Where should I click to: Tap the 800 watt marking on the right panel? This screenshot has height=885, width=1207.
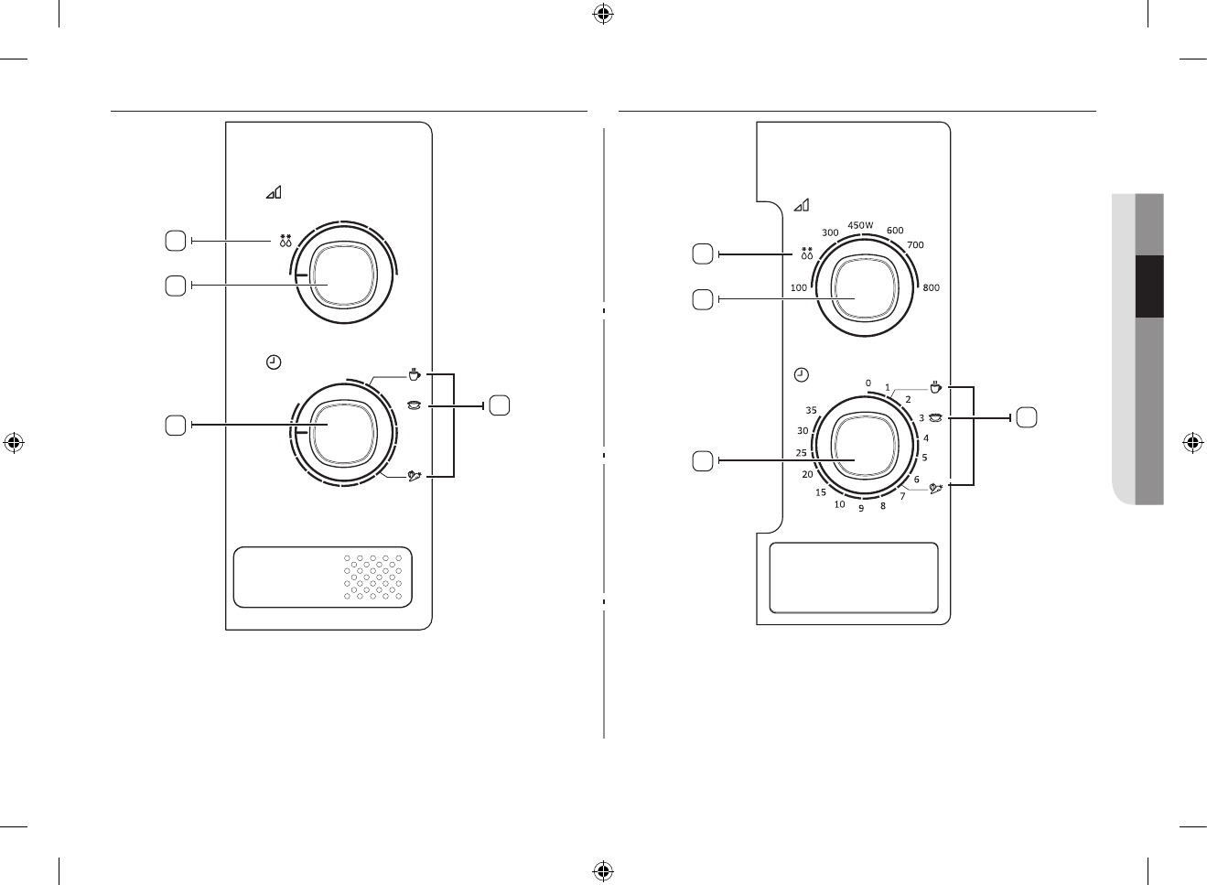coord(932,288)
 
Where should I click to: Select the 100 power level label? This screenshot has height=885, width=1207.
coord(799,288)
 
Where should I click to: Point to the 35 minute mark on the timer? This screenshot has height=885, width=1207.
coord(811,410)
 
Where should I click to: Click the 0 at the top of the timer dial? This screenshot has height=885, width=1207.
coord(868,383)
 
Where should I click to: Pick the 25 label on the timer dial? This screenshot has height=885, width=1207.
coord(802,453)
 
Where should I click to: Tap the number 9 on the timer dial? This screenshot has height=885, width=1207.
coord(861,509)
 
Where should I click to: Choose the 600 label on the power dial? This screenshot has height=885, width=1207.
coord(895,231)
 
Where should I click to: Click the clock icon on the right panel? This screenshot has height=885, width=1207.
coord(802,374)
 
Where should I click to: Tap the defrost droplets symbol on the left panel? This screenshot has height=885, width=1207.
coord(286,242)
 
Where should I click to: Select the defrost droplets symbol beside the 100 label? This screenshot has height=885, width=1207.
coord(807,254)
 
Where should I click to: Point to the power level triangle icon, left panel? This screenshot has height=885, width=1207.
coord(275,192)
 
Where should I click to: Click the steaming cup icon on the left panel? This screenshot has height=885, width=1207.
coord(415,374)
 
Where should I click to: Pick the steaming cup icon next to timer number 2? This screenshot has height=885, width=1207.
coord(935,387)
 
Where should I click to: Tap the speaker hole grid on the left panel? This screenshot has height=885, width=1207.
coord(373,577)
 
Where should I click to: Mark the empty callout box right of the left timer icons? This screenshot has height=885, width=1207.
coord(500,404)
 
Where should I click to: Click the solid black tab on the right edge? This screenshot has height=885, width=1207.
coord(1149,286)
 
